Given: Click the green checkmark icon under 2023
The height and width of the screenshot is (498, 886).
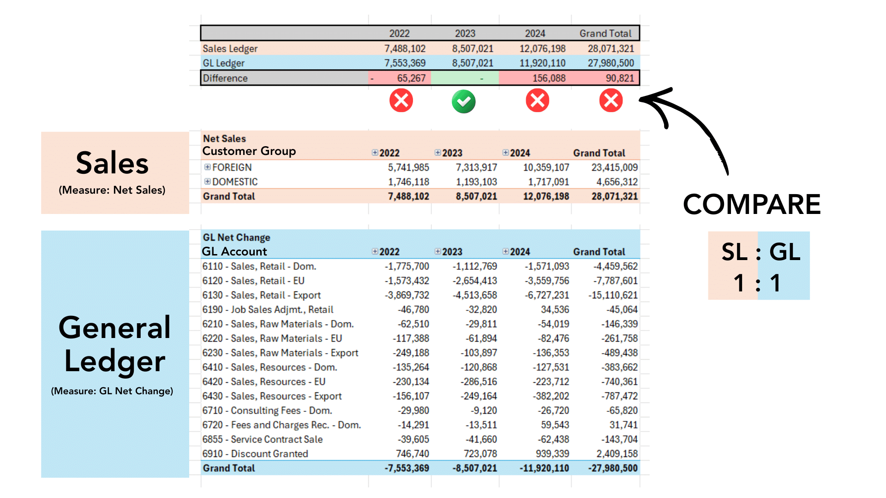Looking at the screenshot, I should pyautogui.click(x=463, y=101).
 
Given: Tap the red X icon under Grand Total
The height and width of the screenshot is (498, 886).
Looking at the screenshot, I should pyautogui.click(x=611, y=101).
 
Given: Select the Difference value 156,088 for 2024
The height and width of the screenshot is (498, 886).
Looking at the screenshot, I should pyautogui.click(x=549, y=78).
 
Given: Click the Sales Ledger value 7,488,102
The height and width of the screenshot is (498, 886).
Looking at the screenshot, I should pyautogui.click(x=405, y=48).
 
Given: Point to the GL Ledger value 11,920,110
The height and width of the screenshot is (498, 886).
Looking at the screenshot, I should pyautogui.click(x=542, y=63).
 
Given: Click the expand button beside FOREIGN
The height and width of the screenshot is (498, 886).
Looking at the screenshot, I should pyautogui.click(x=208, y=167).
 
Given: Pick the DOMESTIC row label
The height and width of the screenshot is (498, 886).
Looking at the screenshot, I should pyautogui.click(x=235, y=182).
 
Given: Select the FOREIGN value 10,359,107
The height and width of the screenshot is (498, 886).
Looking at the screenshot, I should pyautogui.click(x=546, y=167).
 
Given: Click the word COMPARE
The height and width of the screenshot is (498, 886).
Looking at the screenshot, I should pyautogui.click(x=752, y=204).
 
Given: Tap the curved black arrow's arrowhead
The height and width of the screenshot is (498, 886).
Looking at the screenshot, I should pyautogui.click(x=646, y=98).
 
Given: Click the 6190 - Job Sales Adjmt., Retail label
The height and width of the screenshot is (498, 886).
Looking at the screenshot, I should pyautogui.click(x=268, y=309).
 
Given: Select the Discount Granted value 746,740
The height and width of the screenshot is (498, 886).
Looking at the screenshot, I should pyautogui.click(x=412, y=454).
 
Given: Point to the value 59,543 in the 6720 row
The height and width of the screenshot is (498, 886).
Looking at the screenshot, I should pyautogui.click(x=555, y=425).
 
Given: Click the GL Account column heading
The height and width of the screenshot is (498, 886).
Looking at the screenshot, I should pyautogui.click(x=234, y=251).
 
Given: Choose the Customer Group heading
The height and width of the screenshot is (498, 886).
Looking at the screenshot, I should pyautogui.click(x=249, y=151).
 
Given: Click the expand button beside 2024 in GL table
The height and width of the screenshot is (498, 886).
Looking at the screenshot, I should pyautogui.click(x=506, y=251).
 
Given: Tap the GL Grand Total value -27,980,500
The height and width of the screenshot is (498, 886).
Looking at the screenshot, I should pyautogui.click(x=613, y=468).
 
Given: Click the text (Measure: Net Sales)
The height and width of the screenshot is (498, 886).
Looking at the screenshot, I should pyautogui.click(x=112, y=190).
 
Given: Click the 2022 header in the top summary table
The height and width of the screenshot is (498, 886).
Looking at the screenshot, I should pyautogui.click(x=399, y=33).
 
